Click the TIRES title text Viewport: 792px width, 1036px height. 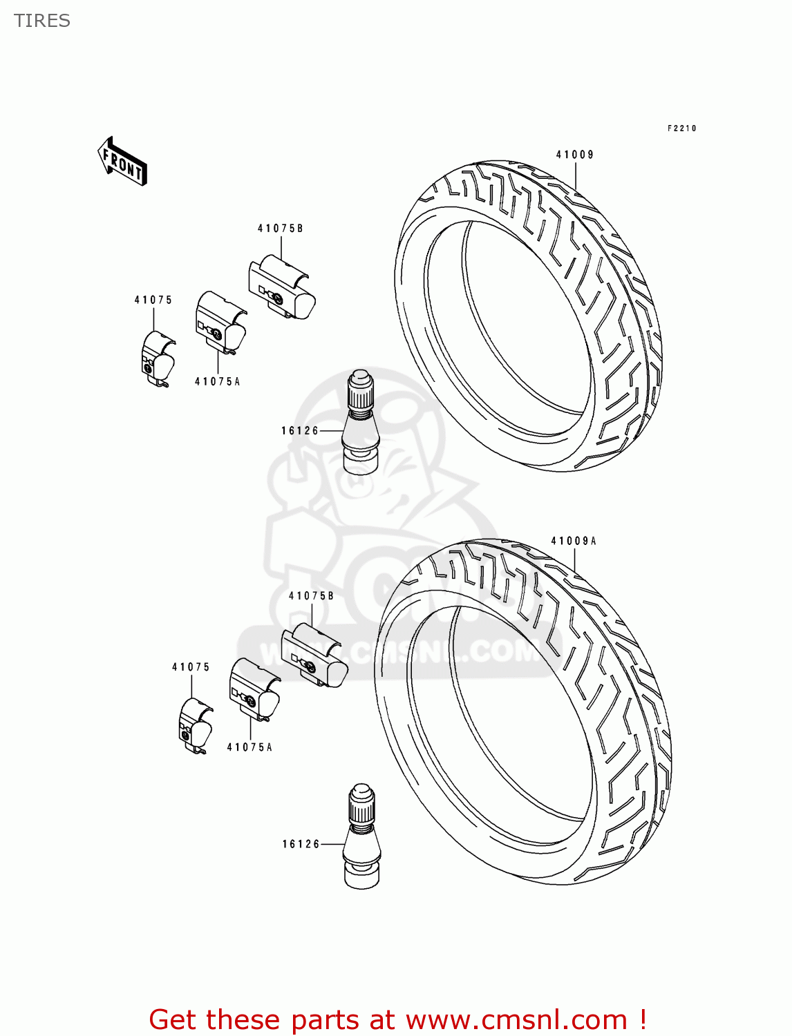coord(42,21)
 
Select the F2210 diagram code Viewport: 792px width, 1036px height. coord(681,128)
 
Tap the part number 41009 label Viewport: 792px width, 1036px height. coord(575,155)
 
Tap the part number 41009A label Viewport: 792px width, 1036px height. coord(574,541)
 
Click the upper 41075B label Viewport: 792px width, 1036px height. coord(280,229)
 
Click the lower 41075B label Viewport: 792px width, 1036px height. coord(311,595)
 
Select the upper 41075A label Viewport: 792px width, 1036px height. coord(217,381)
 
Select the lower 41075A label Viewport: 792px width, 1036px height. coord(249,747)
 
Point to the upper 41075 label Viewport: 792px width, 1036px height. coord(153,300)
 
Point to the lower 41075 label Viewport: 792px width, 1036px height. coord(191,667)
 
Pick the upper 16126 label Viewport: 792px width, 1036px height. coord(300,430)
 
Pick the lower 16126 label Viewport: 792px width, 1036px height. coord(301,844)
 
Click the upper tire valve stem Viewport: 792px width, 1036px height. coord(361,423)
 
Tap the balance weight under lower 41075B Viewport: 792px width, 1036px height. coord(314,655)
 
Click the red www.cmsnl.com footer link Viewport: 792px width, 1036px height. coord(515,1019)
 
